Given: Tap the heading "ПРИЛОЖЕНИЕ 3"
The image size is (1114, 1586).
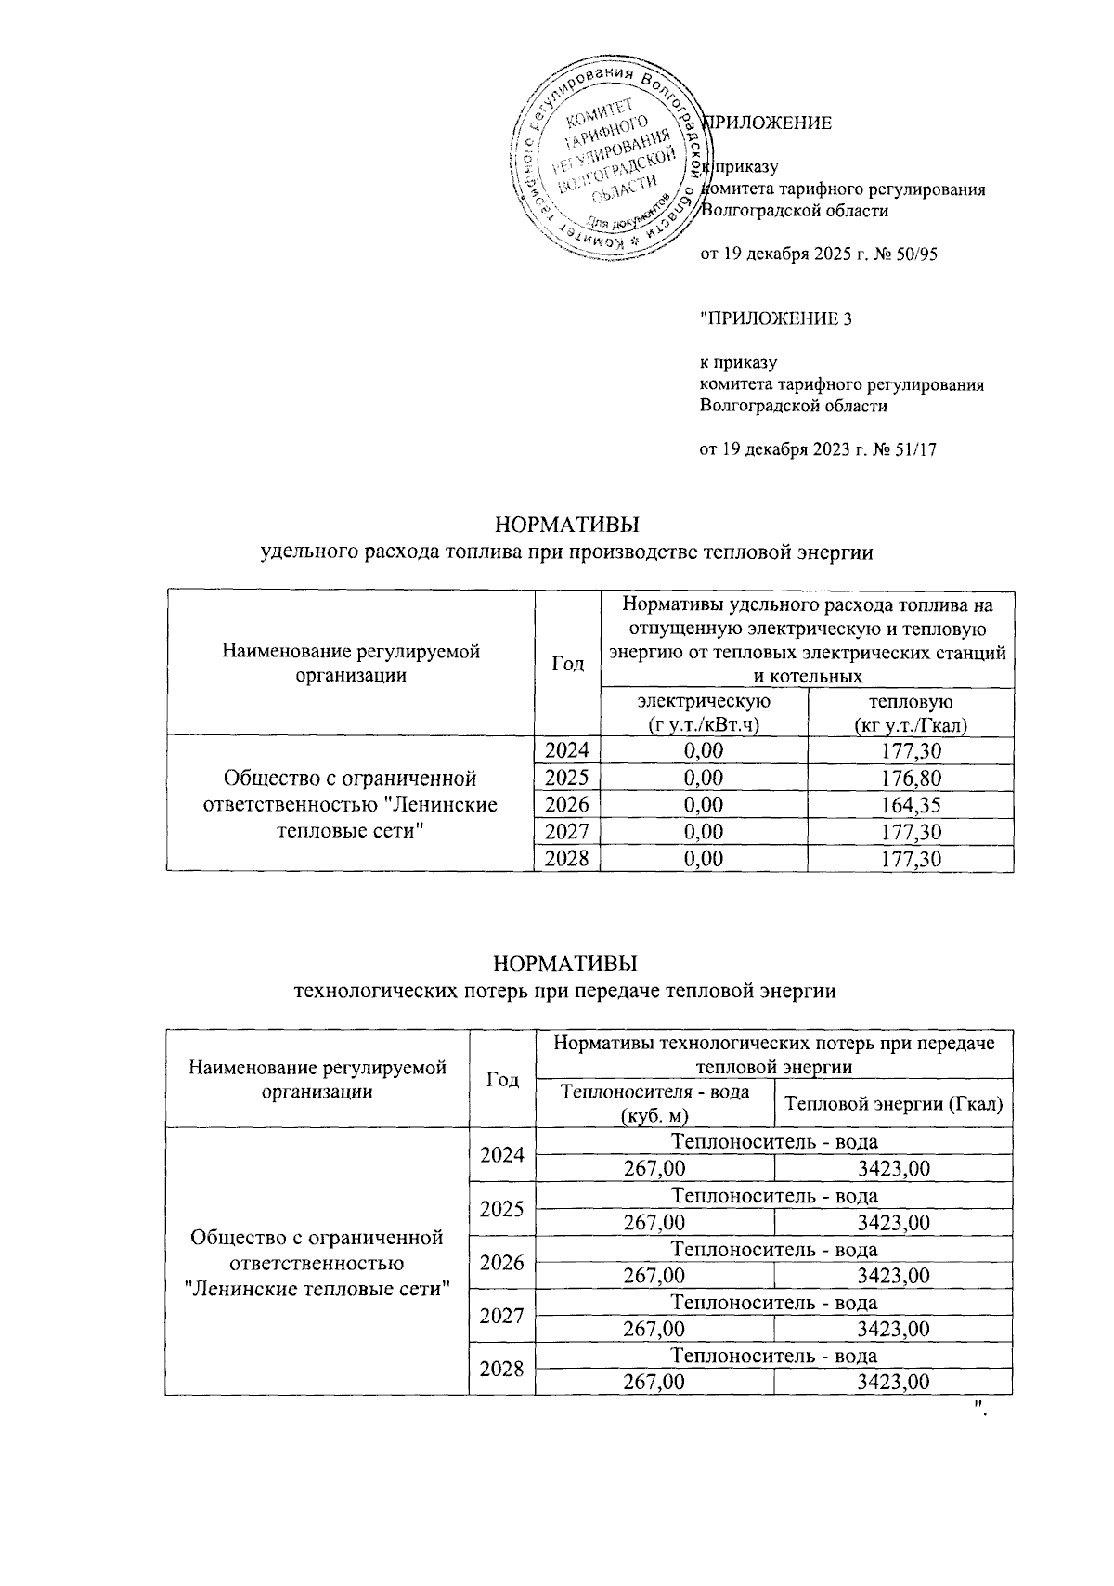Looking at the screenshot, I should pyautogui.click(x=776, y=319).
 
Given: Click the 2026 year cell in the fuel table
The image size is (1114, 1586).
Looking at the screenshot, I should pyautogui.click(x=567, y=804).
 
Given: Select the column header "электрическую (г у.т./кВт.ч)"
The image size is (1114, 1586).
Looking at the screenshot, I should pyautogui.click(x=704, y=712).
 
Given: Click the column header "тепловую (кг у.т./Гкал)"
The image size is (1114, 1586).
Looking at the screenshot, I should pyautogui.click(x=910, y=712).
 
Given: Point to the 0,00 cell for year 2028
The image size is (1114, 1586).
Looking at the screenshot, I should pyautogui.click(x=704, y=859).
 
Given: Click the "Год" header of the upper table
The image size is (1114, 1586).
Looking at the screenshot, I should pyautogui.click(x=567, y=664).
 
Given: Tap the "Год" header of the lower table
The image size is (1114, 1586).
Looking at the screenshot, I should pyautogui.click(x=502, y=1080).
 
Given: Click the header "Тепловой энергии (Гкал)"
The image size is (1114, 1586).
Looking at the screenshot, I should pyautogui.click(x=893, y=1103).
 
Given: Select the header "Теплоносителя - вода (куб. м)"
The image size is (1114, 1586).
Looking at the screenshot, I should pyautogui.click(x=654, y=1103).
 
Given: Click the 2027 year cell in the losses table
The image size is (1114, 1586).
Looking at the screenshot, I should pyautogui.click(x=502, y=1316).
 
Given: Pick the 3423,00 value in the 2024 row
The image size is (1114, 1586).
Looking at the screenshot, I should pyautogui.click(x=893, y=1169).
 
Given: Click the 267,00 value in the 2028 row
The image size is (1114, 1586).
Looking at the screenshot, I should pyautogui.click(x=654, y=1383).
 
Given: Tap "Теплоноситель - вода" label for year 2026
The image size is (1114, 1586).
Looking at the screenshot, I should pyautogui.click(x=773, y=1249).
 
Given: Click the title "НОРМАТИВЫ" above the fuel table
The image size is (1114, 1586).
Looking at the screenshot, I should pyautogui.click(x=567, y=525).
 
